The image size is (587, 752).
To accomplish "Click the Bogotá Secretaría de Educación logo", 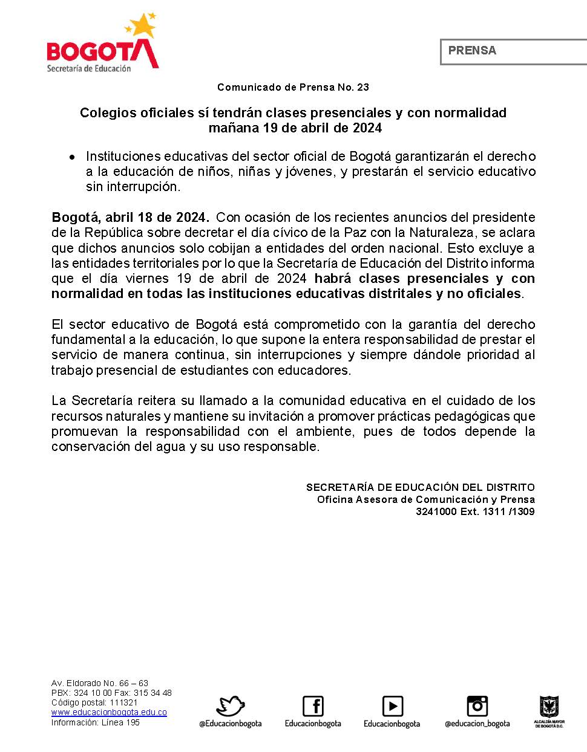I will pyautogui.click(x=103, y=45).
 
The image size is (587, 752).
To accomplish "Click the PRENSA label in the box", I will pyautogui.click(x=472, y=51).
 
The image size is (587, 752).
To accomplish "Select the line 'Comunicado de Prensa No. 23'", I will pyautogui.click(x=293, y=87).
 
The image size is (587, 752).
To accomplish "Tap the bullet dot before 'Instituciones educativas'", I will pyautogui.click(x=72, y=157).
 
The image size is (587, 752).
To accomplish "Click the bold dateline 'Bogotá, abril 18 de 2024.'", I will pyautogui.click(x=131, y=217).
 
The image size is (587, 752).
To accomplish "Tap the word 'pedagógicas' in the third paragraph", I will pyautogui.click(x=470, y=417).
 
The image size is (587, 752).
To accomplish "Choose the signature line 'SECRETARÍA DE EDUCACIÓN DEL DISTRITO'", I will pyautogui.click(x=420, y=487).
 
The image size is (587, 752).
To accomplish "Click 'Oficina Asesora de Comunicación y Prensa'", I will pyautogui.click(x=425, y=500).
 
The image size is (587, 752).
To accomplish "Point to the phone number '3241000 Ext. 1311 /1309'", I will pyautogui.click(x=475, y=512).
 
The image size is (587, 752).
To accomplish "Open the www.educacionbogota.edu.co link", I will pyautogui.click(x=109, y=713).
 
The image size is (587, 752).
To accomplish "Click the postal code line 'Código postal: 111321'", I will pyautogui.click(x=94, y=703).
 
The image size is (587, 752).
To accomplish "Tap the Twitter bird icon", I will pyautogui.click(x=231, y=706).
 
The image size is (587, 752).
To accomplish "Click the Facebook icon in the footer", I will pyautogui.click(x=313, y=706).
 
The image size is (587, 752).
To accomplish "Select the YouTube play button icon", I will pyautogui.click(x=392, y=706).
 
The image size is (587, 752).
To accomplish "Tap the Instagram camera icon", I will pyautogui.click(x=477, y=706).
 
